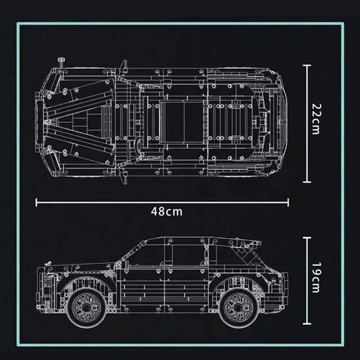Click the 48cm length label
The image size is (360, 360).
[x=166, y=211]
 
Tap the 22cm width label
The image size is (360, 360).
[x=316, y=119]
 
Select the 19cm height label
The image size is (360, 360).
[x=316, y=278]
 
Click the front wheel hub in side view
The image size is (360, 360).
[x=86, y=307]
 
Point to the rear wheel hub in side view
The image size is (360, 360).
[x=238, y=307]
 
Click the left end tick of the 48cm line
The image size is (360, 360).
[x=36, y=202]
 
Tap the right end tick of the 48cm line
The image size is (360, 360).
[x=288, y=202]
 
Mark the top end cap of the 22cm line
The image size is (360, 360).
[x=307, y=65]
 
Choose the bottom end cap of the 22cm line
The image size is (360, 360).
[x=307, y=182]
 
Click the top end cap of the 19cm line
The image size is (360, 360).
[x=307, y=238]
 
